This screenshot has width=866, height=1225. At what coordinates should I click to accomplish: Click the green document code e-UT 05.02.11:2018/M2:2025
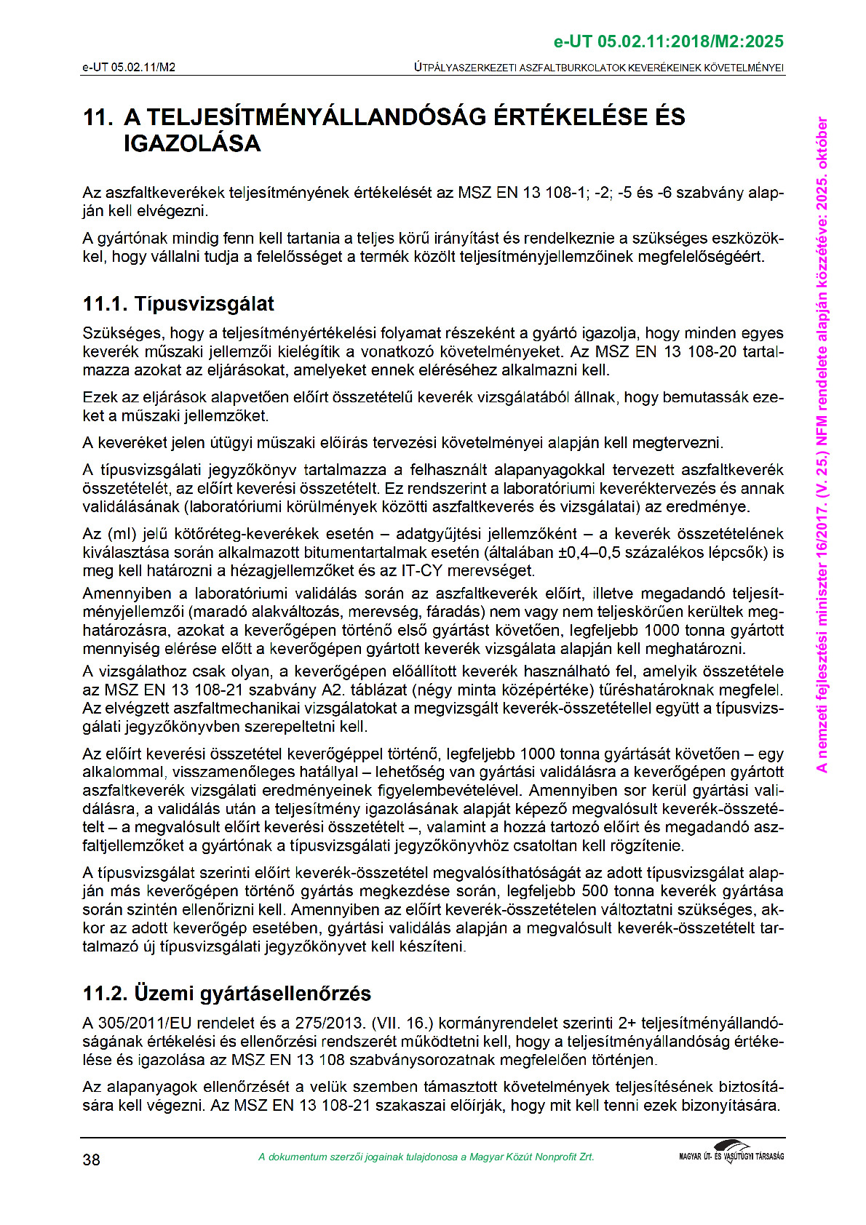668,41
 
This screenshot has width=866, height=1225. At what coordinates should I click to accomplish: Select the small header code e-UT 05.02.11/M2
129,68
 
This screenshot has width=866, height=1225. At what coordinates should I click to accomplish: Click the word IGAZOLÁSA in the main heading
192,143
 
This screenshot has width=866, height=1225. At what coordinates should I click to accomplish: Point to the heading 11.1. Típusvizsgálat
178,304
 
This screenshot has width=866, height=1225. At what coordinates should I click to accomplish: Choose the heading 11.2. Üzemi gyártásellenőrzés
226,994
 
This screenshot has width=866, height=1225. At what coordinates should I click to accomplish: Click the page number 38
91,1160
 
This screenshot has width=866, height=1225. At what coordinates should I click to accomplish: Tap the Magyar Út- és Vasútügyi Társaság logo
731,1152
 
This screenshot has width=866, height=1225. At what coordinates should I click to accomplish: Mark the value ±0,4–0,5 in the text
595,553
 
